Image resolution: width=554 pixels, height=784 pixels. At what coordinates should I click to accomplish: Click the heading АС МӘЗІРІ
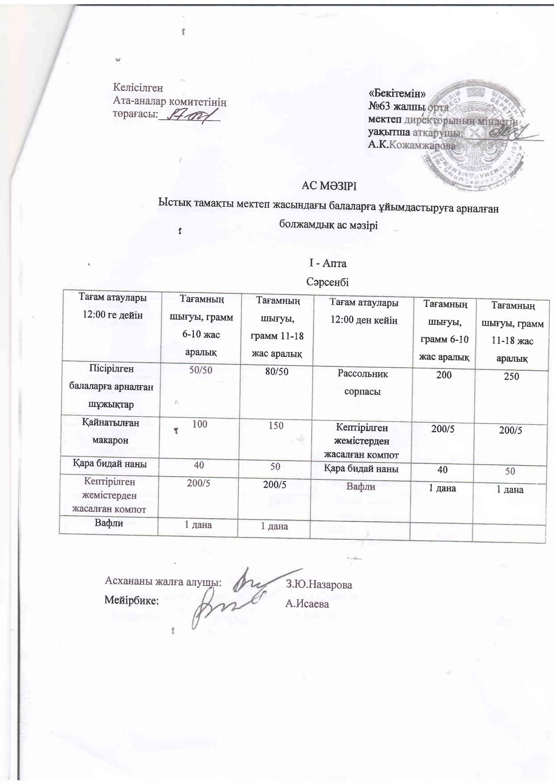(x=329, y=185)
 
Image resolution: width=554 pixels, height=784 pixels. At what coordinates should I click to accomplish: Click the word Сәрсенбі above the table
(x=327, y=282)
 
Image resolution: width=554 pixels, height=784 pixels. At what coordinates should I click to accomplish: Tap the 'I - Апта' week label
(x=328, y=263)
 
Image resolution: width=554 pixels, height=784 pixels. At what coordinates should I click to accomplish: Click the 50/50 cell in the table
(x=200, y=370)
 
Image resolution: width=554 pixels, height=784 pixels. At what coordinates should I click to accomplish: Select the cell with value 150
(x=276, y=425)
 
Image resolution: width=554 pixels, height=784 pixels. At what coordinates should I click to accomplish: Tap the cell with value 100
(x=199, y=424)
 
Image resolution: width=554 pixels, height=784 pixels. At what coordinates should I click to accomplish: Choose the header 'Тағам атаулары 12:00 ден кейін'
(x=364, y=311)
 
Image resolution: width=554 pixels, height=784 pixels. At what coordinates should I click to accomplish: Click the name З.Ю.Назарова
(x=319, y=585)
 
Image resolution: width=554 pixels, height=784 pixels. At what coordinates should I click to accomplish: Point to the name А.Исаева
(x=307, y=604)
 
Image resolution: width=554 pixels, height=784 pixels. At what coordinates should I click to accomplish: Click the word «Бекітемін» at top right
(x=396, y=94)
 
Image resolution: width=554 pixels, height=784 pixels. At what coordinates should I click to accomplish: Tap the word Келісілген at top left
(x=138, y=88)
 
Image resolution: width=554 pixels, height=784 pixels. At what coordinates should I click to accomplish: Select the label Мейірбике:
(x=132, y=600)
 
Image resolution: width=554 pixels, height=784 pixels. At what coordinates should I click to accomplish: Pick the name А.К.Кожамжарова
(x=411, y=145)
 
